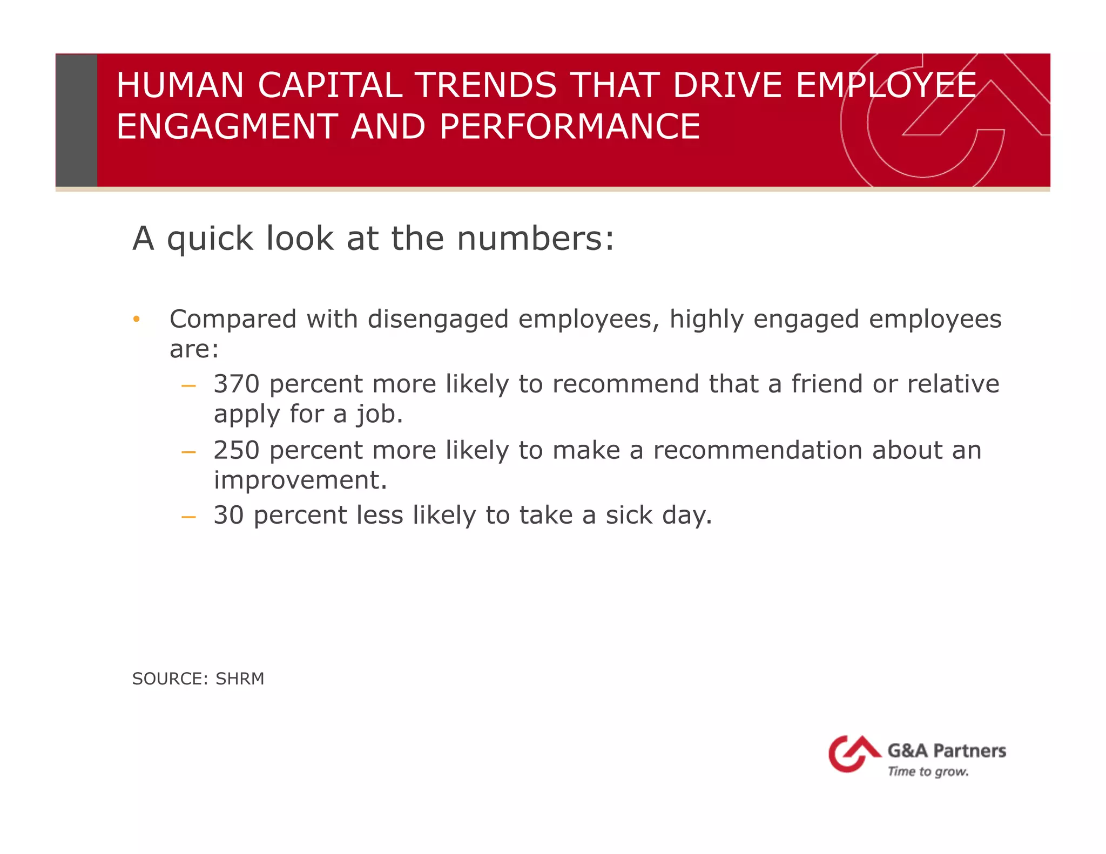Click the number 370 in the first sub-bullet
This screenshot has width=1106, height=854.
coord(236,384)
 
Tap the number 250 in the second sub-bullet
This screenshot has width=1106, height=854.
coord(236,450)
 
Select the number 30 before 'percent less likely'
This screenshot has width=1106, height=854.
coord(228,515)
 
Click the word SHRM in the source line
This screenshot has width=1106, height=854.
coord(240,679)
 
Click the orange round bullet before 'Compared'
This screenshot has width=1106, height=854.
coord(137,320)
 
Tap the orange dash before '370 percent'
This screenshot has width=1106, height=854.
coord(188,385)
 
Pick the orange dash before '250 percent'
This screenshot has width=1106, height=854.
coord(188,452)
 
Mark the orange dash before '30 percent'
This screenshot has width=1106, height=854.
coord(188,517)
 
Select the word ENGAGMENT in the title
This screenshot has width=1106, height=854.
coord(227,127)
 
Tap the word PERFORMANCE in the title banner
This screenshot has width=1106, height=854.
coord(570,127)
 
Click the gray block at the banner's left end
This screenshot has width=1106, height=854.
coord(77,120)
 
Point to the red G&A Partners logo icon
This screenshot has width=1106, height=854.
coord(853,754)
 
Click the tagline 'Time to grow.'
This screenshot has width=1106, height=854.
coord(928,772)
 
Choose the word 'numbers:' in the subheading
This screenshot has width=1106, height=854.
coord(535,239)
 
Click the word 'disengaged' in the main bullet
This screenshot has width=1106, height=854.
coord(438,319)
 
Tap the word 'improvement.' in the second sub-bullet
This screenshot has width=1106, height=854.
coord(300,480)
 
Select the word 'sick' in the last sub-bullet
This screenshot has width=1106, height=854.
coord(629,515)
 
